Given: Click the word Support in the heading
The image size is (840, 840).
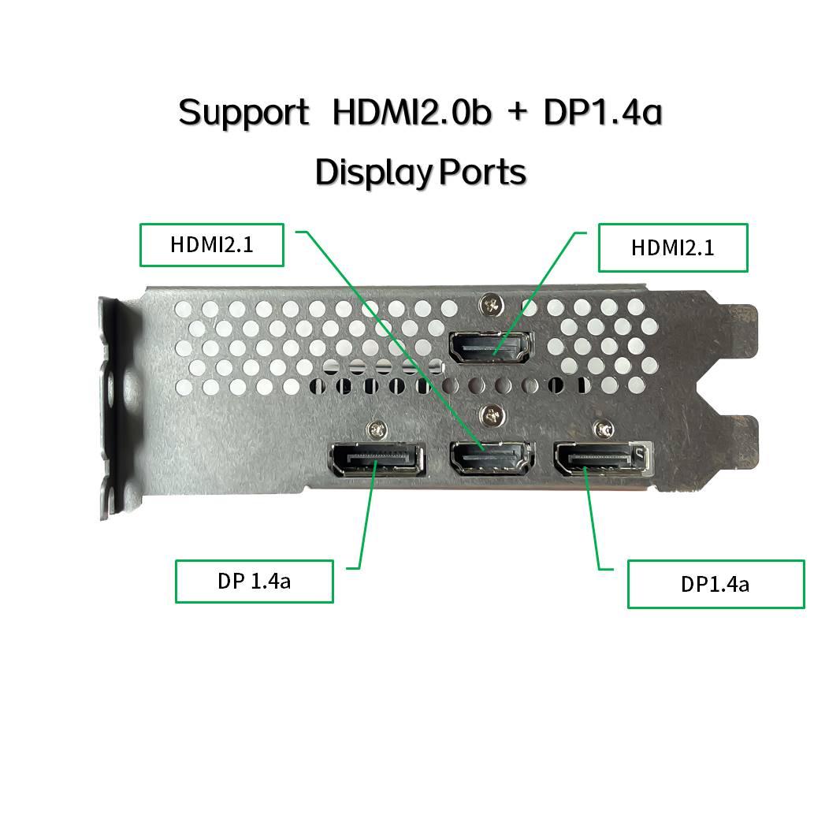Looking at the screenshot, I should pos(243,113).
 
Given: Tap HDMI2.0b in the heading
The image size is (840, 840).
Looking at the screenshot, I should pos(411,112).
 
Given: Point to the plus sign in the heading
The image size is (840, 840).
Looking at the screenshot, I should pos(518,113).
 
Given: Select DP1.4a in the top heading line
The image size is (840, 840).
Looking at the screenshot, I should pos(602,112).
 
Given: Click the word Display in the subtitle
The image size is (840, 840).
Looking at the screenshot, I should pos(373,172).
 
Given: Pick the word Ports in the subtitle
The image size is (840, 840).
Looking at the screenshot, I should pos(482,171).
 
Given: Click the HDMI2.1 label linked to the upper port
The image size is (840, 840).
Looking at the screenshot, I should pos(672,248).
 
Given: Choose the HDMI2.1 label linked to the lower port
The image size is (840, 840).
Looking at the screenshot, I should pos(211,244).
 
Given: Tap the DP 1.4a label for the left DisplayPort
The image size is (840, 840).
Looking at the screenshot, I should pos(254,582).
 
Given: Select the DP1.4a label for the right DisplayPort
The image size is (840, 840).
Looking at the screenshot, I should pos(715,584).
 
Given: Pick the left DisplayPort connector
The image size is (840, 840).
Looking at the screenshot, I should pos(376,459).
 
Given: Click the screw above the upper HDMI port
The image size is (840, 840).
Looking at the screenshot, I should pos(492,303).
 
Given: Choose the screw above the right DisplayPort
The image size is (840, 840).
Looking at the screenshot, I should pos(605,429).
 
